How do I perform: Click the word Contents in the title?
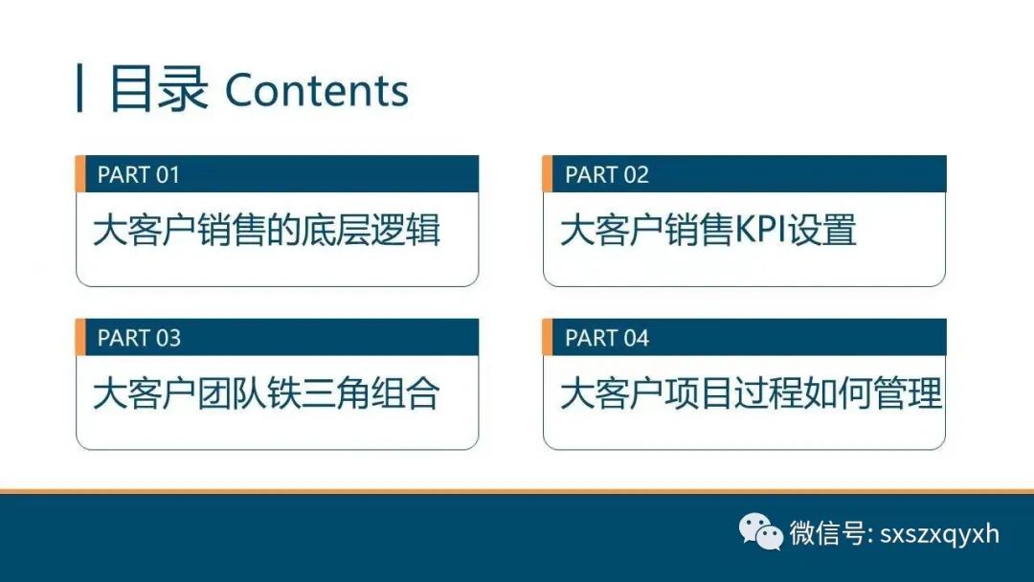tap(317, 90)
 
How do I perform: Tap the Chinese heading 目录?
tap(158, 88)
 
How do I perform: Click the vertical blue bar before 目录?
tap(79, 88)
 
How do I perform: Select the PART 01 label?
tap(139, 174)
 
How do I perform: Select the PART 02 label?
tap(607, 174)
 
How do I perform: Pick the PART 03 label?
tap(139, 338)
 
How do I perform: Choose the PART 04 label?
tap(607, 338)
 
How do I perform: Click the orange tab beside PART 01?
tap(80, 174)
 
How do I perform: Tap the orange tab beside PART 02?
tap(548, 174)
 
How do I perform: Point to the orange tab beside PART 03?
tap(80, 338)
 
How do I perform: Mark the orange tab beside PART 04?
tap(548, 338)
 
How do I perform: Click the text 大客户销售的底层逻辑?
tap(266, 230)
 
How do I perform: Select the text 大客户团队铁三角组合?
tap(266, 393)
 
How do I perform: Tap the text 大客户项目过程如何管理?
tap(752, 393)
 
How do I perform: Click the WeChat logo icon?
tap(760, 532)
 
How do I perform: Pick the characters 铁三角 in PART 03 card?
tap(319, 393)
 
